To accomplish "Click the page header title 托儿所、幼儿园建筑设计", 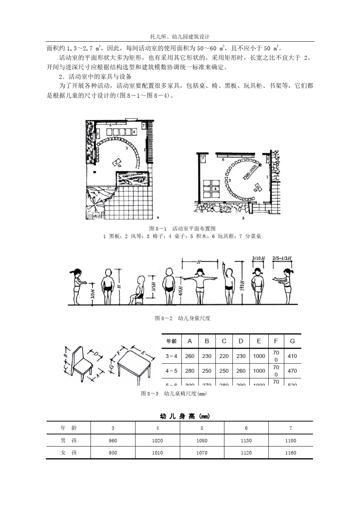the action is tap(180, 37).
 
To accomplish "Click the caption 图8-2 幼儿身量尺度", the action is tap(183, 318).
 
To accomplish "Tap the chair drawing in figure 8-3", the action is tap(81, 363).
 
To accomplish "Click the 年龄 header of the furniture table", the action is tap(171, 341).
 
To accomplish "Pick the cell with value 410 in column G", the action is tap(292, 356).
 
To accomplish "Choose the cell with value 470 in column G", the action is tap(292, 371).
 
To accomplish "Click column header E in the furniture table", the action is tap(259, 341).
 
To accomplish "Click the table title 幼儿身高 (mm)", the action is tap(185, 416).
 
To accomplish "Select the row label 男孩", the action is tap(69, 440).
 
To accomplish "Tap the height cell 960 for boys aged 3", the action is tap(113, 440).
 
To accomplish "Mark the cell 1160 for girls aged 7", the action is tap(291, 453).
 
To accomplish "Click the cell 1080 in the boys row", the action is tap(202, 440).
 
